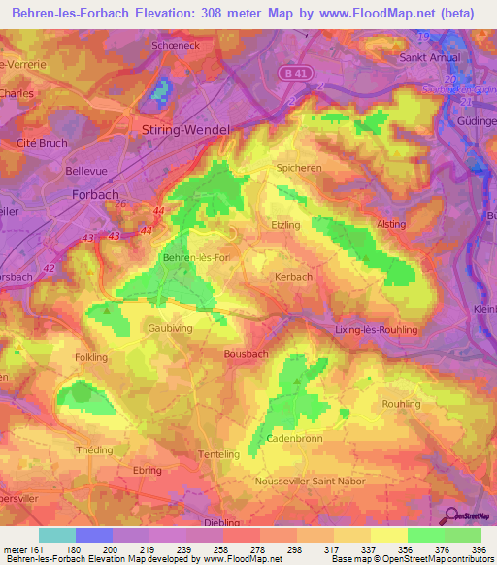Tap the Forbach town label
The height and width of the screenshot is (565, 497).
tap(95, 194)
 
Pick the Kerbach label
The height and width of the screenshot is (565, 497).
tap(293, 277)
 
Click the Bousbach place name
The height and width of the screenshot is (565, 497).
tap(246, 354)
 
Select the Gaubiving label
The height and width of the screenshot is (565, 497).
tap(170, 328)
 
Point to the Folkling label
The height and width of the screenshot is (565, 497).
tap(91, 357)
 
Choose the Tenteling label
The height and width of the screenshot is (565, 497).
tap(217, 454)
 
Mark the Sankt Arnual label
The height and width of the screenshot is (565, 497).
tap(429, 57)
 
